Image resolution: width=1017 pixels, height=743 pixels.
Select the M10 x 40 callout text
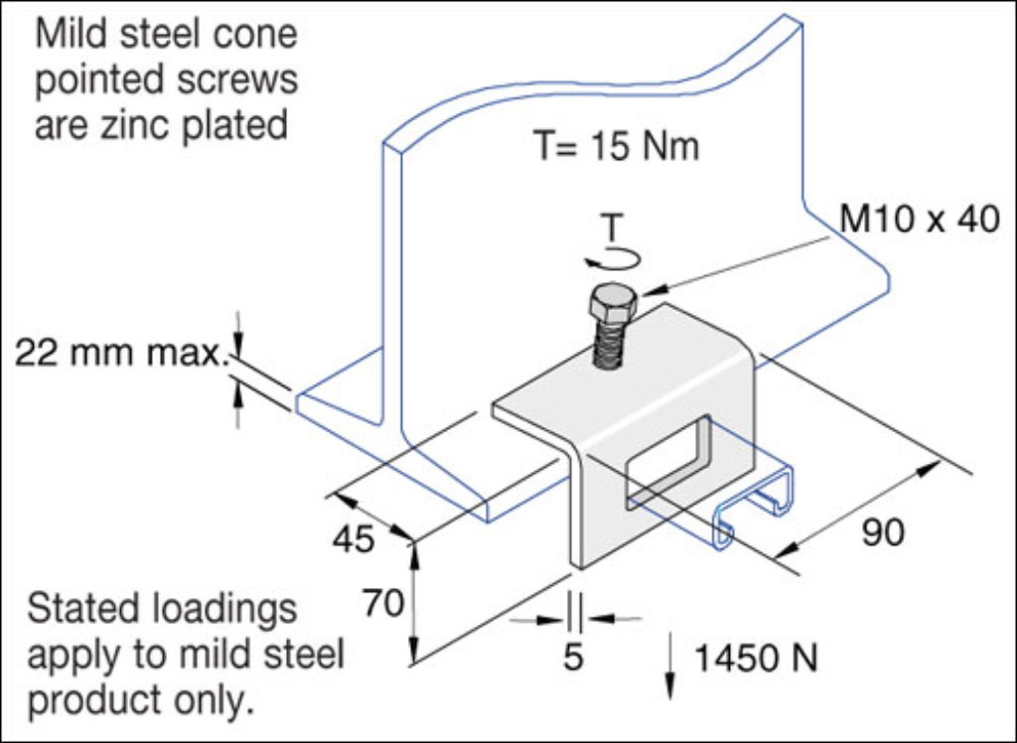[x=920, y=220]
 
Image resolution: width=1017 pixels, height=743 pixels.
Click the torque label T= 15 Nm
[x=617, y=147]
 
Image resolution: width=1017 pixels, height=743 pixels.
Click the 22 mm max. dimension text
[x=120, y=352]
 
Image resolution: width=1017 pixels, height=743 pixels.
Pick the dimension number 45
[x=354, y=539]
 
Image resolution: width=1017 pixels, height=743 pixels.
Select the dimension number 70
[x=382, y=603]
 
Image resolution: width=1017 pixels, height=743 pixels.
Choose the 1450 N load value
[x=756, y=658]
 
